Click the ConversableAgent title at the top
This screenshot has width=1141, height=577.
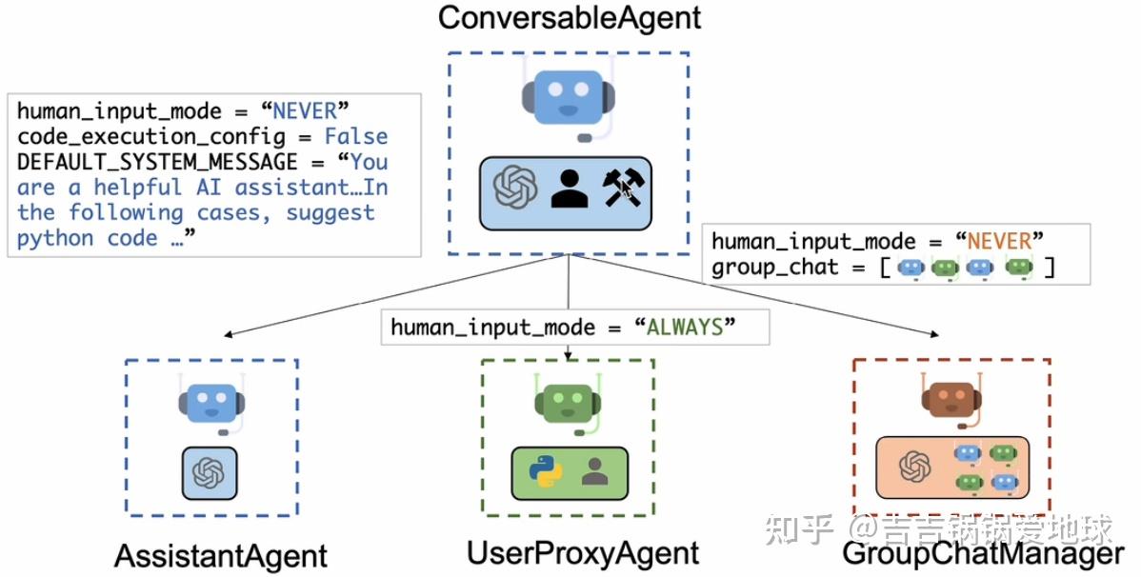pos(569,18)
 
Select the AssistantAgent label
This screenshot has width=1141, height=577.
pos(220,556)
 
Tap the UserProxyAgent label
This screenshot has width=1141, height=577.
pos(582,553)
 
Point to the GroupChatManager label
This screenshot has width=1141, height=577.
pos(982,554)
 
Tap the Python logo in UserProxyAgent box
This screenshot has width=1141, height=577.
pos(546,471)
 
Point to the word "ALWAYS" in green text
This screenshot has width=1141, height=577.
pos(685,328)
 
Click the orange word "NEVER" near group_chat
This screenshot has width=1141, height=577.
pos(998,242)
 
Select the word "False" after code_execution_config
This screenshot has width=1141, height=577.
pos(355,136)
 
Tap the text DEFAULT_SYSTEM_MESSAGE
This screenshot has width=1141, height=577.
pos(157,162)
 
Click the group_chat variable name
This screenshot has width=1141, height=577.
pos(774,268)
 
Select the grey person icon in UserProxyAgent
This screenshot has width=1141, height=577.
pos(594,470)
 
